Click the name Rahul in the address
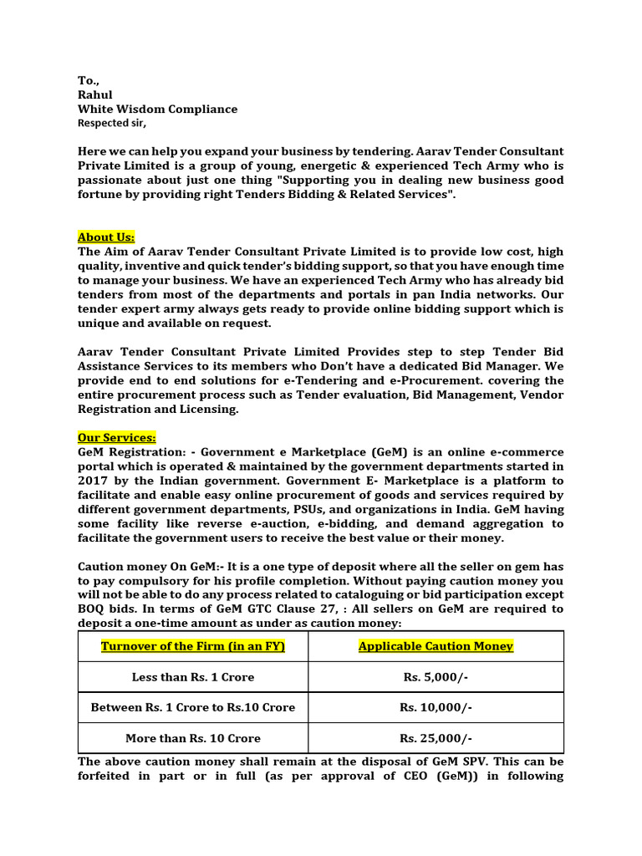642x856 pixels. (94, 94)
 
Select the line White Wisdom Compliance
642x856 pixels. (157, 109)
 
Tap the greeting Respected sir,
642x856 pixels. (111, 123)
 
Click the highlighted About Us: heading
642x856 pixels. (106, 237)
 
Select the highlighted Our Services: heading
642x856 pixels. (117, 437)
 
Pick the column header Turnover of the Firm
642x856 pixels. (193, 646)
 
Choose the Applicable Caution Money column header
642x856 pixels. (436, 646)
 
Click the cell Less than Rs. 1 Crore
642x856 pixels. (193, 677)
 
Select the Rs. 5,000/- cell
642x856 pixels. (436, 677)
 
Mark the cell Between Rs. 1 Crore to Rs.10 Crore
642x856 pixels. (193, 707)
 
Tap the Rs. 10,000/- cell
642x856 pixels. (436, 707)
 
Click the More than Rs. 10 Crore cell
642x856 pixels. (193, 738)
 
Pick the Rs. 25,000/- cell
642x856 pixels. (436, 738)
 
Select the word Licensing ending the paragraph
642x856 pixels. (208, 409)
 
